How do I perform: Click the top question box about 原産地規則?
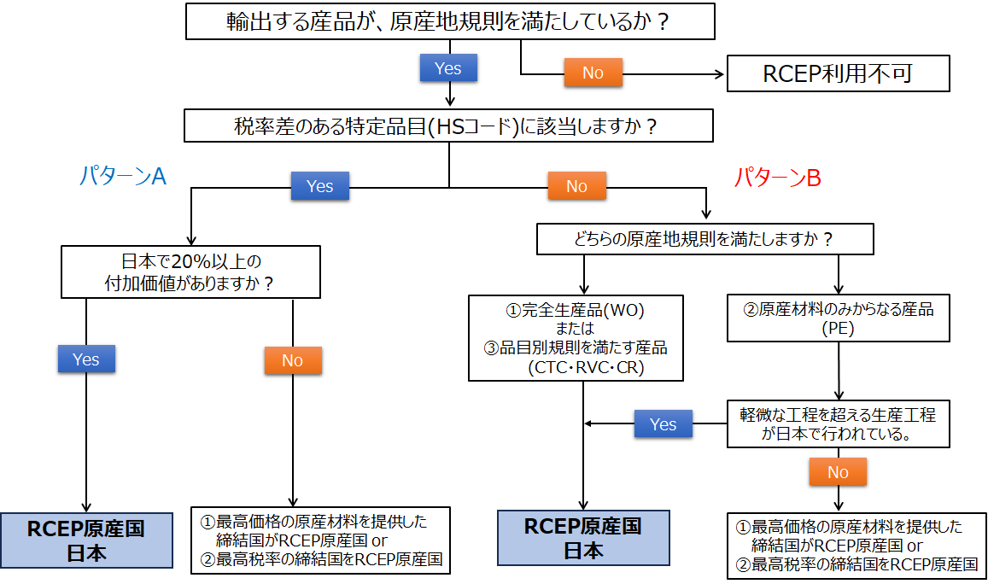[448, 21]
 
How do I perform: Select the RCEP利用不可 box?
[838, 73]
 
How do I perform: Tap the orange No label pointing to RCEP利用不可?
[593, 73]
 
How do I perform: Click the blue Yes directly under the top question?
[447, 68]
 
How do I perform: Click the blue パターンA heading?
[122, 177]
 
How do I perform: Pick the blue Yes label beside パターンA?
[319, 186]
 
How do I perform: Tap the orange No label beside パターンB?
[576, 186]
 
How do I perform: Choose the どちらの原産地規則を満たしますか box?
[704, 239]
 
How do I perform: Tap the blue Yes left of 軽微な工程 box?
[663, 424]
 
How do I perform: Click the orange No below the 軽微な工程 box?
[838, 472]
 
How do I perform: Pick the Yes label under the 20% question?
[86, 359]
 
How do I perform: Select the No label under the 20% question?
[292, 360]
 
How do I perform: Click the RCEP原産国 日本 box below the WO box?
[583, 538]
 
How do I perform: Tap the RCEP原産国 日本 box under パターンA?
[86, 540]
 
